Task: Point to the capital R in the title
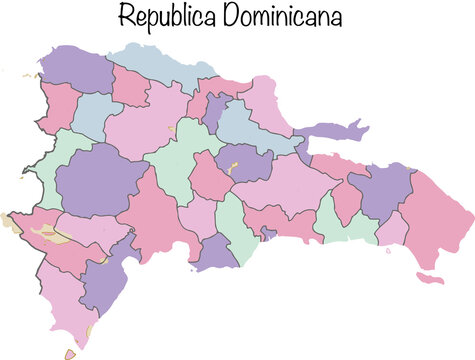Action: coord(126,17)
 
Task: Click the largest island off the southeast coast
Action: coord(429,276)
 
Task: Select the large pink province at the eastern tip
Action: coord(440,215)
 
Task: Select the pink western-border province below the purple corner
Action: coord(57,104)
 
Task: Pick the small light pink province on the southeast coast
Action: coord(392,229)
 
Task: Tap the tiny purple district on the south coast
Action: coord(267,233)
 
